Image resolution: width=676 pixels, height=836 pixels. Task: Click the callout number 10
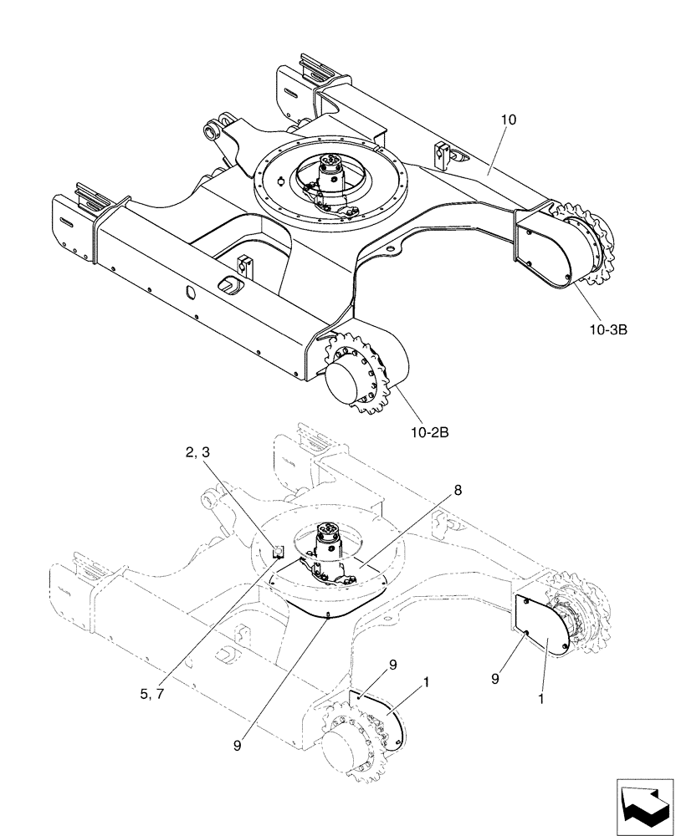(x=509, y=120)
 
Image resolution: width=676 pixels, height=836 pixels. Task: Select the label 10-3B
(x=607, y=329)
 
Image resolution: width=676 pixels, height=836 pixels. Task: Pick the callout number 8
(x=458, y=490)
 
